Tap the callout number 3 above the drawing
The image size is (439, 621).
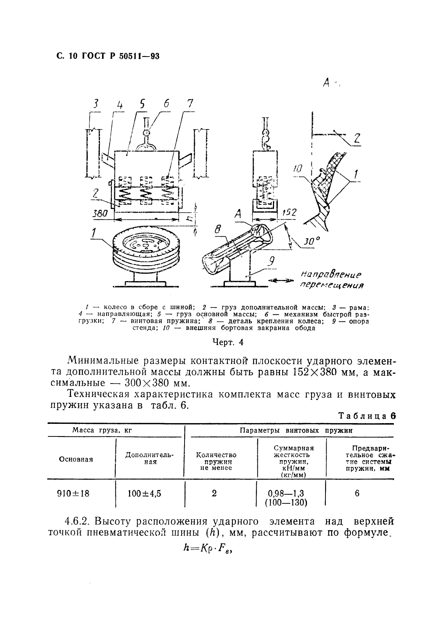pos(96,105)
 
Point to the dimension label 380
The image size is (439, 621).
pos(100,213)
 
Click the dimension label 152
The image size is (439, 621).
pos(288,212)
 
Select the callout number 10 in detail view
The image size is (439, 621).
pos(298,169)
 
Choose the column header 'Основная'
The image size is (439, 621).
pos(76,459)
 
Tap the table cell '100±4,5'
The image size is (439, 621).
pos(144,493)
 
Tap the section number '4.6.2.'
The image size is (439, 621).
pos(77,522)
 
